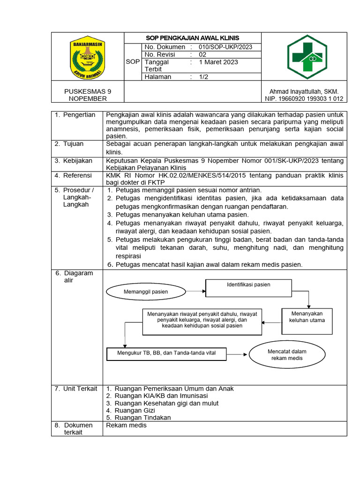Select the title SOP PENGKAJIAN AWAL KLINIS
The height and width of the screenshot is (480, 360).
[x=192, y=38]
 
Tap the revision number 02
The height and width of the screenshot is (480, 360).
[x=202, y=54]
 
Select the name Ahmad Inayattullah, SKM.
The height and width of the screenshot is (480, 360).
[x=303, y=91]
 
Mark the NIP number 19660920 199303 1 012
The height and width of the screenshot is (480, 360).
[x=303, y=98]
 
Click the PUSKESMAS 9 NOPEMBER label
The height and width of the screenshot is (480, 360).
[x=88, y=95]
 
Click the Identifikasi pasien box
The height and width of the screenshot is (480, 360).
[x=248, y=288]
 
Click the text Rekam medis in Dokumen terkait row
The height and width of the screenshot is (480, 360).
[x=127, y=425]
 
